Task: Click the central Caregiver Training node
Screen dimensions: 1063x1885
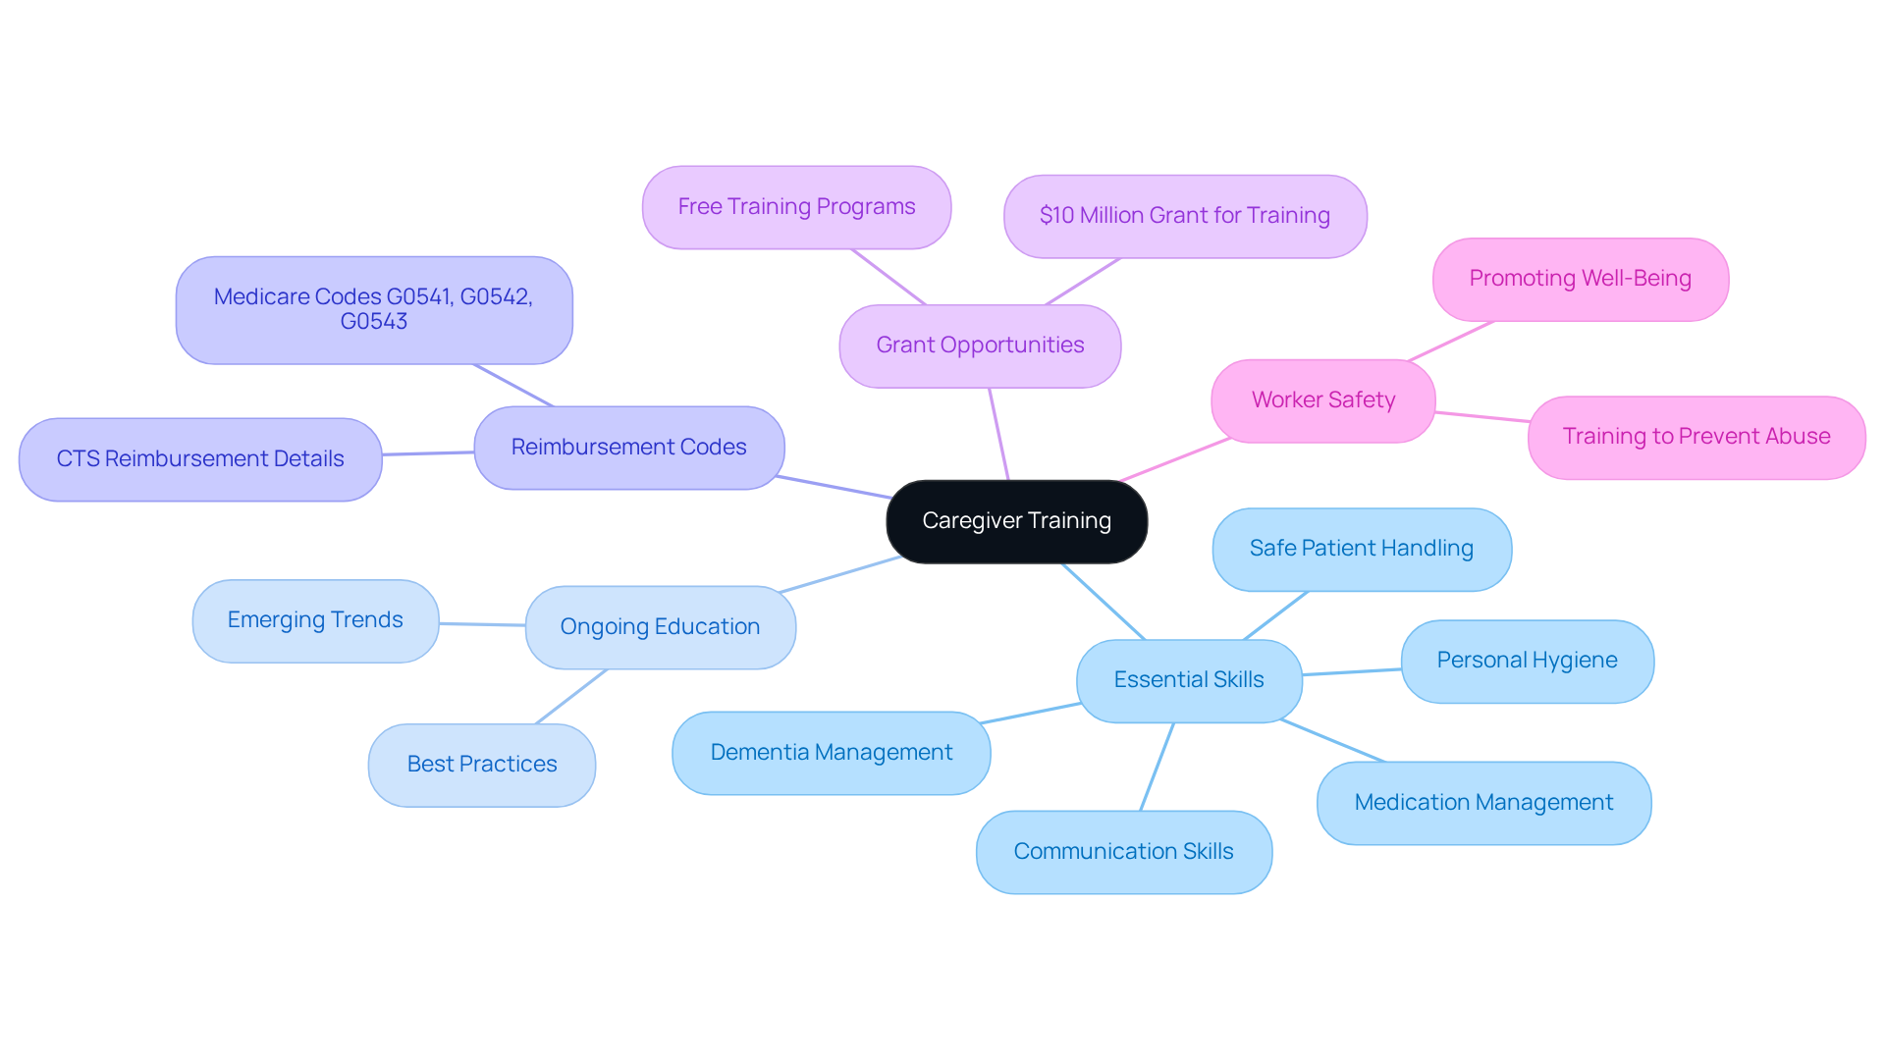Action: (1016, 521)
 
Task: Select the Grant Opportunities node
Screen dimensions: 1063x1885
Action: (980, 345)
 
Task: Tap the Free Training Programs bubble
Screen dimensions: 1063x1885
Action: (796, 207)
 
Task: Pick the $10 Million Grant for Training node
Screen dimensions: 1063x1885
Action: (1184, 216)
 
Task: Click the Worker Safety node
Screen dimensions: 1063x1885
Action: (1322, 400)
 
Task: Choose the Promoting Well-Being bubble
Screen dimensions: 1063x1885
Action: (1580, 279)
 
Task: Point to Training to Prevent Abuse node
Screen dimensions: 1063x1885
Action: (1696, 437)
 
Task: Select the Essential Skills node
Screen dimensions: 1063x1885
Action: (1188, 680)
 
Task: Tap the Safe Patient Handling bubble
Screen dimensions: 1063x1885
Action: (1361, 549)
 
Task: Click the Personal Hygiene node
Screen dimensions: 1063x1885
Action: (1527, 661)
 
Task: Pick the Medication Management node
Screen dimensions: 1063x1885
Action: (1482, 803)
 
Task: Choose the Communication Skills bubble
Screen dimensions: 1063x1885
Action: (1123, 852)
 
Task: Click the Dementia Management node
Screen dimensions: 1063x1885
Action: (831, 753)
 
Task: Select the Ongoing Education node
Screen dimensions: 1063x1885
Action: (660, 627)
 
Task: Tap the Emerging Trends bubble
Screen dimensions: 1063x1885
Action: (315, 620)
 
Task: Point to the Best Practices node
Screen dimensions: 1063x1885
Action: (481, 765)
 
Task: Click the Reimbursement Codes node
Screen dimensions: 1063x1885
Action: (628, 448)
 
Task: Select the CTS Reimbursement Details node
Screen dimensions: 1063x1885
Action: (200, 459)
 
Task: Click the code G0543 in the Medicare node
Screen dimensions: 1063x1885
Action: (373, 322)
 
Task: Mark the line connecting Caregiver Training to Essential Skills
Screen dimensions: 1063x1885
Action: (1104, 602)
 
